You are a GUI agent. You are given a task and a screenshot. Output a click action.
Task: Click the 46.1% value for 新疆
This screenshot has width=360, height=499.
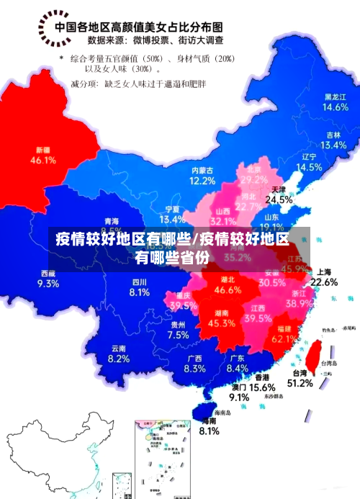42,160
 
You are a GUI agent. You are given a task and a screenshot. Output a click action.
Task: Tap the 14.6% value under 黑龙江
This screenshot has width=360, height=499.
335,107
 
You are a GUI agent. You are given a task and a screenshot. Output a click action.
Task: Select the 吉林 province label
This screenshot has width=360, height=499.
333,135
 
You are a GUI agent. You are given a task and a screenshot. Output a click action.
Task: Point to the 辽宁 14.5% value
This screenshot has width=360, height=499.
310,167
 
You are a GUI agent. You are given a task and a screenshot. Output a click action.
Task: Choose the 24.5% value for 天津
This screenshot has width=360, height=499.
279,199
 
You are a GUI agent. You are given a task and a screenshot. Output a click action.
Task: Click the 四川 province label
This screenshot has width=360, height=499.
140,282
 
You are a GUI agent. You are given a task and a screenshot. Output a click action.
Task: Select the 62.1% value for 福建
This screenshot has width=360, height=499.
285,338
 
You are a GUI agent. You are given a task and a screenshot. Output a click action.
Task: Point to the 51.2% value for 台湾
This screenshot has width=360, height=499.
300,383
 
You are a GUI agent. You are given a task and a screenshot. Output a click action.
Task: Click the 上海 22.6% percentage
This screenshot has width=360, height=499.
324,282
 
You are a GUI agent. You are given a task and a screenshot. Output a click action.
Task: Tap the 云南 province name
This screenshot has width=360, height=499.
119,349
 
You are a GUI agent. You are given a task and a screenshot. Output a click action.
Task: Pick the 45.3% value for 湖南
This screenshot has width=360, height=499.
222,323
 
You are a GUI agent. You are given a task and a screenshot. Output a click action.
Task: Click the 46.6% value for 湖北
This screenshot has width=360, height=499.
228,290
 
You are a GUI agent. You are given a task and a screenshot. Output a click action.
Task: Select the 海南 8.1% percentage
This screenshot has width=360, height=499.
209,431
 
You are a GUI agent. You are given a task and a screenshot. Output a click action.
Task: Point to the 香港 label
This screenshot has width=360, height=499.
261,377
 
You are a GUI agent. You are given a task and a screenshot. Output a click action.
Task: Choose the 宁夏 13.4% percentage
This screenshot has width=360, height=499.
172,219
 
